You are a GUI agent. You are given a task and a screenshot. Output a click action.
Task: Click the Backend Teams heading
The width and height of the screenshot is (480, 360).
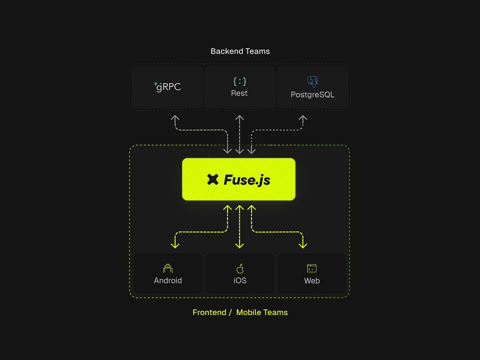(x=240, y=51)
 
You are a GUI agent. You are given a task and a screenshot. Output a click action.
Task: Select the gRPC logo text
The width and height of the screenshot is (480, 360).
(x=168, y=87)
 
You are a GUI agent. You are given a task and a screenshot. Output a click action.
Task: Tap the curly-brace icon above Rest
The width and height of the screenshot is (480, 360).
(x=240, y=81)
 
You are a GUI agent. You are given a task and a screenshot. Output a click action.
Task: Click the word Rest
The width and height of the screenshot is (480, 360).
(x=239, y=93)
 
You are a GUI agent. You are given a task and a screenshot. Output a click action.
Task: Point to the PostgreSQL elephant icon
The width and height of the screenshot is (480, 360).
(x=313, y=81)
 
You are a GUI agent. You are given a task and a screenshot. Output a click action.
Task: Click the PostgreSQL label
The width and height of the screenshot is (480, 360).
(x=312, y=95)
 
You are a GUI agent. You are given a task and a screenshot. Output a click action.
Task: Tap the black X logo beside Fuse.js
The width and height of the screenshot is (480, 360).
(x=213, y=179)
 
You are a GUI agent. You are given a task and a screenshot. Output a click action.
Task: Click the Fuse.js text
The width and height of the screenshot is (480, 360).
(x=247, y=180)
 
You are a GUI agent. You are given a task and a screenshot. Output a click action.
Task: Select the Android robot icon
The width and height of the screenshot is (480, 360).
(x=168, y=268)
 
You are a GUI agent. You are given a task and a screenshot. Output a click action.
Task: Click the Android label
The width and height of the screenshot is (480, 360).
(x=168, y=280)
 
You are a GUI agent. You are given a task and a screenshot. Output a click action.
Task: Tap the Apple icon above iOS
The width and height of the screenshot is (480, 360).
(x=240, y=268)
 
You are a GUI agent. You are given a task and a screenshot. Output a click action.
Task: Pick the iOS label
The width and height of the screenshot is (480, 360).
(x=240, y=280)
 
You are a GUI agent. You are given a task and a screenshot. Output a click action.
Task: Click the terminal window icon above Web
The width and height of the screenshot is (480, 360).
(x=312, y=268)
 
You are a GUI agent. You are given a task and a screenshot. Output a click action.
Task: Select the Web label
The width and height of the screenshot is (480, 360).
(x=312, y=281)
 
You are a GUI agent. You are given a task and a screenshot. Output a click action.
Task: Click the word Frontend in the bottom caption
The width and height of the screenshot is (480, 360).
(x=209, y=312)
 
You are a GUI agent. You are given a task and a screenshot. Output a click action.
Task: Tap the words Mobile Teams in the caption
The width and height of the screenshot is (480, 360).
(x=262, y=312)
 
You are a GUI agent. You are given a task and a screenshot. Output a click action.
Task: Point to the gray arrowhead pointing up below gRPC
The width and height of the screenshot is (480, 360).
(x=175, y=118)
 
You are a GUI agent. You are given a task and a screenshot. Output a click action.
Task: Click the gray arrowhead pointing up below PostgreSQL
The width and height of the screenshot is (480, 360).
(x=303, y=118)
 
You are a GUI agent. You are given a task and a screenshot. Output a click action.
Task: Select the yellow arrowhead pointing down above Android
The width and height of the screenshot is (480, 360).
(x=175, y=245)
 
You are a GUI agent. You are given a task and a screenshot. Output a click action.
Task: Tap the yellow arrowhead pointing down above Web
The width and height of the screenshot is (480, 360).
(x=303, y=245)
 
